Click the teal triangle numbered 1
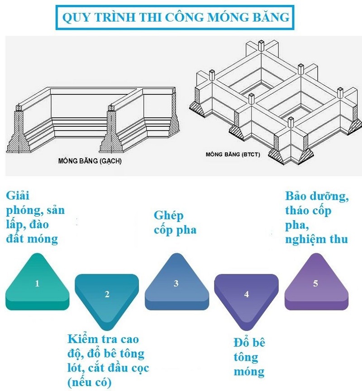[x=37, y=285]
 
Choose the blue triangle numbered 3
[x=176, y=285]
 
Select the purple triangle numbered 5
[x=315, y=285]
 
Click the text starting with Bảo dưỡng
[x=317, y=217]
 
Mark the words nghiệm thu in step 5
[x=317, y=239]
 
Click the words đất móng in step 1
[x=32, y=238]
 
